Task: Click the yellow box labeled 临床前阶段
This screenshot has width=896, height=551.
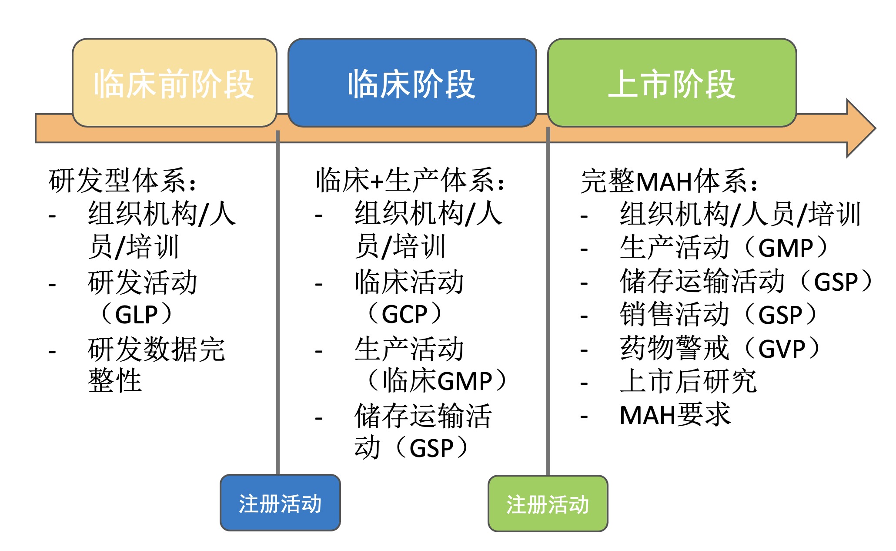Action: pos(174,83)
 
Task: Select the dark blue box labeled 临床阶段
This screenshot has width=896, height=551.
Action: pos(412,83)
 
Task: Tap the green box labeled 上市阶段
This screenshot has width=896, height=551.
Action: pos(672,83)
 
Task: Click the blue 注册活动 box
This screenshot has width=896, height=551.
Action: pos(280,503)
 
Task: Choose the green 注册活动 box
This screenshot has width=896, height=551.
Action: pos(548,504)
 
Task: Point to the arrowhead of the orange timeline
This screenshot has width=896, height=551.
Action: pos(875,128)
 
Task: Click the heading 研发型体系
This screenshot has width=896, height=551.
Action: pos(117,181)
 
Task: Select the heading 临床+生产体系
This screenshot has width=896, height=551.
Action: pos(405,181)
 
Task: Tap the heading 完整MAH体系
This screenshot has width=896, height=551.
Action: pos(664,181)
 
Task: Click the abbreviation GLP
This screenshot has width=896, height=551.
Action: pos(137,314)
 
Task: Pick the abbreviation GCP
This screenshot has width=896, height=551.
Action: pos(405,314)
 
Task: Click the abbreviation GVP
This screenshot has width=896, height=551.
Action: pos(782,349)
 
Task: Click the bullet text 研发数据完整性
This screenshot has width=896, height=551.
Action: pos(157,365)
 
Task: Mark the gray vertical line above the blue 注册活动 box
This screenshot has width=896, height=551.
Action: pos(277,302)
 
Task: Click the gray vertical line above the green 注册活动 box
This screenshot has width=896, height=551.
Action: pos(548,301)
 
